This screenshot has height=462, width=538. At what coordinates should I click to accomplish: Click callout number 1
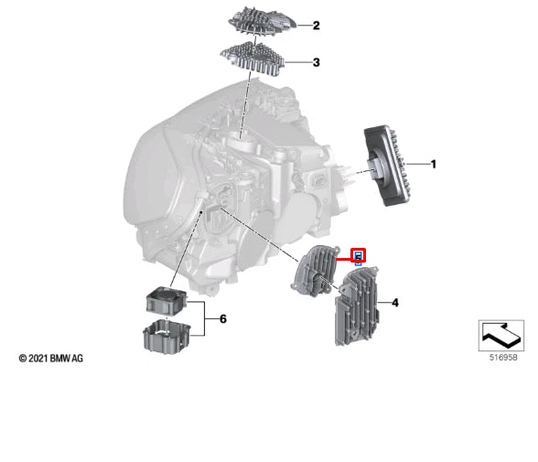(x=434, y=165)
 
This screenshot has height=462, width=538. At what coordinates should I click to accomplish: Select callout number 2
(x=316, y=26)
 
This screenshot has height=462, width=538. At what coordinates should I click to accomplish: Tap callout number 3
(x=316, y=62)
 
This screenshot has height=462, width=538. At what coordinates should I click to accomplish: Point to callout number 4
(x=395, y=303)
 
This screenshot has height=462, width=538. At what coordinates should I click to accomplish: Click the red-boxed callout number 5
(x=359, y=256)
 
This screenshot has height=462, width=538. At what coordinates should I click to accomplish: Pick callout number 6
(x=223, y=319)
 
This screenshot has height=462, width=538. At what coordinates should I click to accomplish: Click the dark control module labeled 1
(x=384, y=166)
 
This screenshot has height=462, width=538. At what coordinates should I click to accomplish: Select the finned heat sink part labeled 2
(x=262, y=21)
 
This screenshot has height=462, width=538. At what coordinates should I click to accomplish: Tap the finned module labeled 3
(x=253, y=59)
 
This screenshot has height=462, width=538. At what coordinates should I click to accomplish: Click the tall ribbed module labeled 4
(x=357, y=306)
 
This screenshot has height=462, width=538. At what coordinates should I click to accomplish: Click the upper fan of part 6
(x=167, y=300)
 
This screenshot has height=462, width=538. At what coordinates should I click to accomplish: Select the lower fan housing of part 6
(x=167, y=337)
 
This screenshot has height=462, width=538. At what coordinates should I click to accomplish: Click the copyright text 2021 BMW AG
(x=51, y=359)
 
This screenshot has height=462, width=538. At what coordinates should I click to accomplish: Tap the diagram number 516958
(x=502, y=358)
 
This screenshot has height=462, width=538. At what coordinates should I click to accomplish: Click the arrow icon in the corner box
(x=501, y=336)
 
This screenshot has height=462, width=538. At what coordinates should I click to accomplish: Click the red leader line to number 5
(x=344, y=260)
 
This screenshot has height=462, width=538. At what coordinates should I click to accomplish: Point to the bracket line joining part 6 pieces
(x=205, y=319)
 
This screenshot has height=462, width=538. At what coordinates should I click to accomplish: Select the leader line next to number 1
(x=418, y=165)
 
